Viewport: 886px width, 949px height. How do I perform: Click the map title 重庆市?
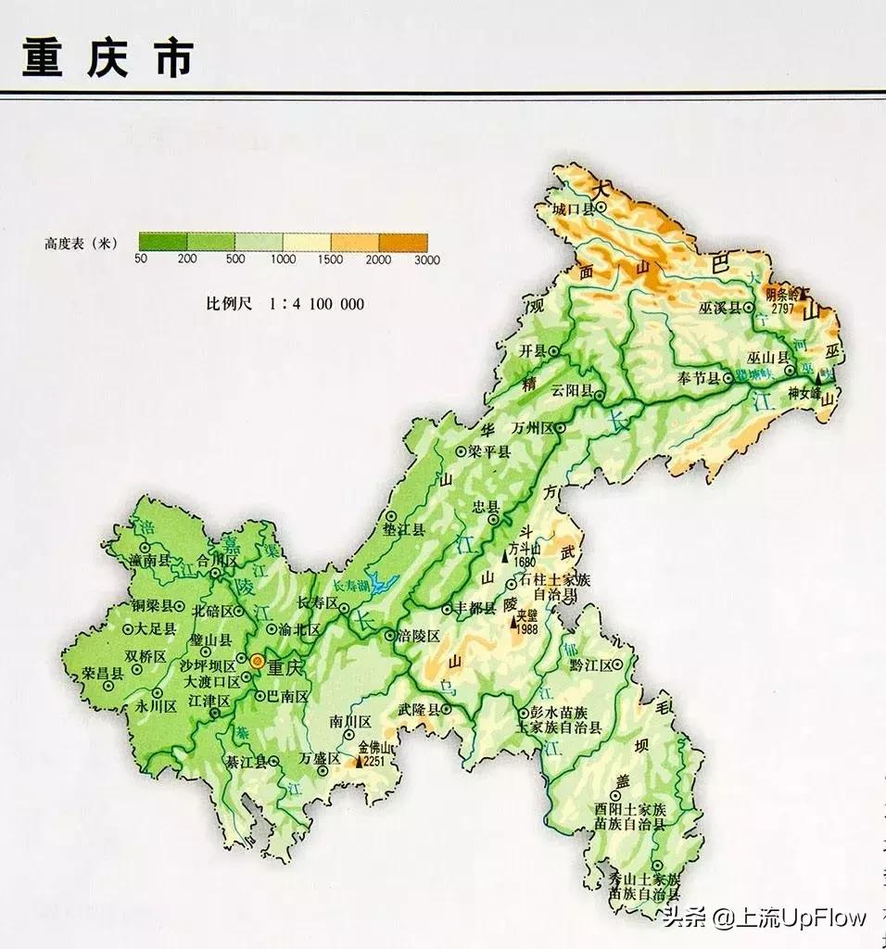pos(108,57)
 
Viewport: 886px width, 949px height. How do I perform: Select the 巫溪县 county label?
pos(722,308)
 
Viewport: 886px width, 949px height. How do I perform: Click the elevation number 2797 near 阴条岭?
pos(781,309)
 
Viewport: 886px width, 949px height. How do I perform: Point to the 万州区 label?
pos(531,428)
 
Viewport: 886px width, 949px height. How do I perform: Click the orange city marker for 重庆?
pos(257,661)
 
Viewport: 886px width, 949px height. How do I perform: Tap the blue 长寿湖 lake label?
pos(351,586)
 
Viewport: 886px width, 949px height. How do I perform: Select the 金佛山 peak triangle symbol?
pos(360,762)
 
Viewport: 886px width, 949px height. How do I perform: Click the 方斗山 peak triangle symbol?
pos(505,557)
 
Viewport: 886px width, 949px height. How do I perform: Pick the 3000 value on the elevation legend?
pos(426,259)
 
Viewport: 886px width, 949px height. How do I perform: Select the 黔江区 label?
pos(591,666)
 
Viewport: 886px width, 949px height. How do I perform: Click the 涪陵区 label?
pos(417,637)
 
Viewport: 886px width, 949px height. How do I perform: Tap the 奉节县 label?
pos(699,378)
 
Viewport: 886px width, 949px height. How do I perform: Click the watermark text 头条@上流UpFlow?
pos(764,917)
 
